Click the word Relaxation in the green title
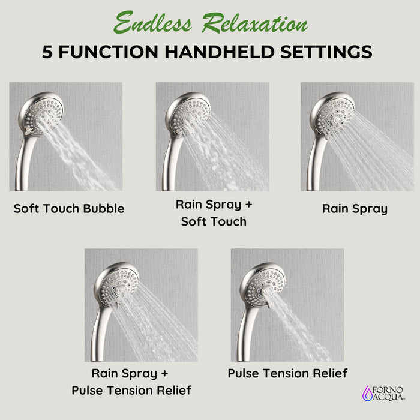click(254, 24)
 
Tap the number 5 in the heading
click(48, 52)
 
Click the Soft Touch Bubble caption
click(69, 209)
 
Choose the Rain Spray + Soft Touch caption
click(214, 213)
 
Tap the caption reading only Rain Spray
click(355, 209)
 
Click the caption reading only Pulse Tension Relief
click(287, 373)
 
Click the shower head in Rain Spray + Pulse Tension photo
click(119, 281)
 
